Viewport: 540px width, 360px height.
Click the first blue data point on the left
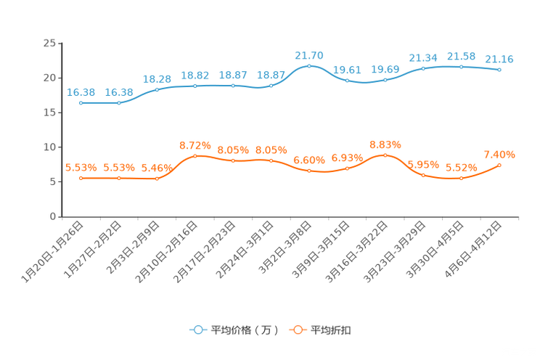pyautogui.click(x=81, y=103)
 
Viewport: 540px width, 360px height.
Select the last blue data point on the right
pyautogui.click(x=499, y=70)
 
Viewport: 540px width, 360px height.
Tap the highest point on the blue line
pyautogui.click(x=309, y=66)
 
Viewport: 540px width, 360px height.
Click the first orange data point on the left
pyautogui.click(x=81, y=177)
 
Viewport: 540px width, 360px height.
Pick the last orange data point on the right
pyautogui.click(x=499, y=165)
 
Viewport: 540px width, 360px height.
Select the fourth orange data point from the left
pyautogui.click(x=195, y=155)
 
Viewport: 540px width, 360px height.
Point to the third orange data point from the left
pyautogui.click(x=157, y=178)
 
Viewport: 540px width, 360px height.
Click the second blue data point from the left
pyautogui.click(x=119, y=103)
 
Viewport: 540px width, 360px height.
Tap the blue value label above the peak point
pyautogui.click(x=309, y=54)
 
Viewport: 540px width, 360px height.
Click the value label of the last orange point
pyautogui.click(x=499, y=154)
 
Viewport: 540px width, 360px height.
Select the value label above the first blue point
pyautogui.click(x=81, y=92)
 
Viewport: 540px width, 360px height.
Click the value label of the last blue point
pyautogui.click(x=499, y=59)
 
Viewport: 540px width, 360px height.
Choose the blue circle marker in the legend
pyautogui.click(x=197, y=330)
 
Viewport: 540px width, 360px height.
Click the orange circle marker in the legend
pyautogui.click(x=298, y=330)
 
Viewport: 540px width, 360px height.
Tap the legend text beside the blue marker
pyautogui.click(x=244, y=330)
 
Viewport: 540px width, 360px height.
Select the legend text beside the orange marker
pyautogui.click(x=332, y=330)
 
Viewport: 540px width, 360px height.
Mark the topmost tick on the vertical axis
pyautogui.click(x=60, y=43)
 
